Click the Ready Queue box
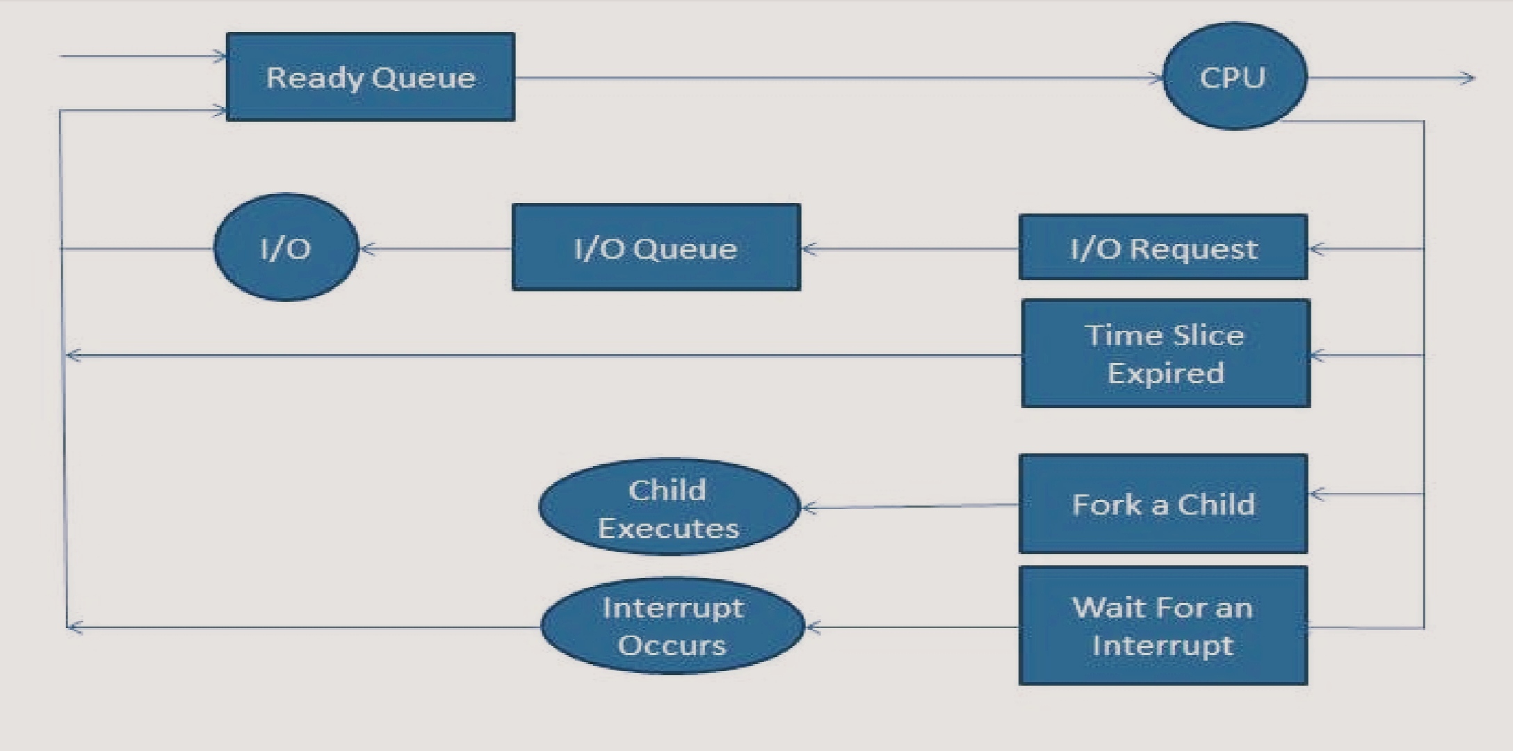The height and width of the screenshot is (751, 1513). [x=370, y=76]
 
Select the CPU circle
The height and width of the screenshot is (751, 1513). [x=1234, y=76]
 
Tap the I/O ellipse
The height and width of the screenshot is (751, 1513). [x=286, y=248]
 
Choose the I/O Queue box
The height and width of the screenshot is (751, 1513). [x=656, y=247]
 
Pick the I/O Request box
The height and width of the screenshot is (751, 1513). [x=1163, y=247]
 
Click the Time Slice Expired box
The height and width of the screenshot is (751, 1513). [x=1165, y=353]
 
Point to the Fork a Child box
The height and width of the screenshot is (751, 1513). [x=1163, y=503]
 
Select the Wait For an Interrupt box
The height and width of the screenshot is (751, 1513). [x=1163, y=625]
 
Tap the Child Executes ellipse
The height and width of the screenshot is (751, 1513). [x=668, y=507]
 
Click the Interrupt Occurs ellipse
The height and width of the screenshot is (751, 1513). [x=672, y=625]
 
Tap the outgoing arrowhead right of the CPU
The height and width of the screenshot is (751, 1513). [x=1467, y=78]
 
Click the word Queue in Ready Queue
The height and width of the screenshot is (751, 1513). [x=423, y=78]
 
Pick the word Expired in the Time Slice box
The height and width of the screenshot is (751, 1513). [x=1165, y=373]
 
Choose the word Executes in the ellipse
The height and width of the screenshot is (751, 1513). [x=668, y=528]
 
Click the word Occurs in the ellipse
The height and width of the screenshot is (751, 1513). [x=672, y=645]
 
